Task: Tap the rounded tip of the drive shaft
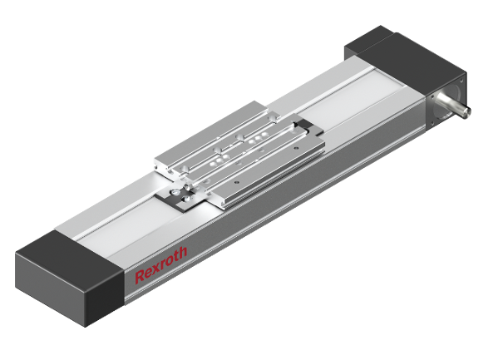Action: (467, 111)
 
